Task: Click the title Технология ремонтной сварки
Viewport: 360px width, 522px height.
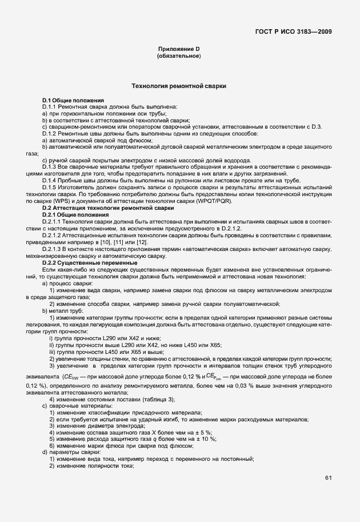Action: tap(179, 87)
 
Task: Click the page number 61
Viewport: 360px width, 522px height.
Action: tap(328, 477)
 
